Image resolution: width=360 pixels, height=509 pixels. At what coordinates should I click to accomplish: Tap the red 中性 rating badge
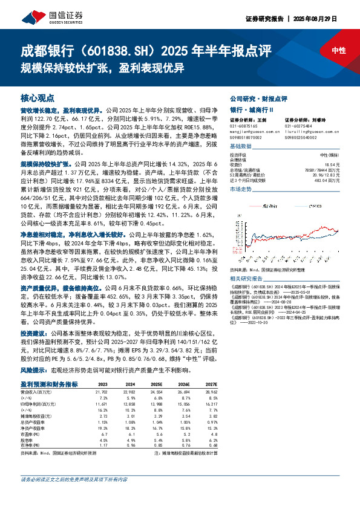(339, 51)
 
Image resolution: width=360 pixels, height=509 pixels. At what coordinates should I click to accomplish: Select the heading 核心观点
(38, 97)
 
